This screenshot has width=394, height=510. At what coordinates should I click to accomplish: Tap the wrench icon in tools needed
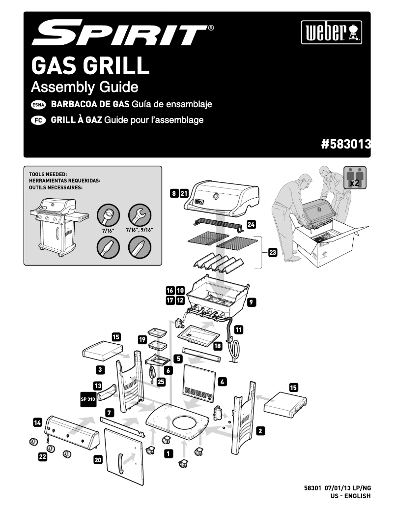tap(139, 215)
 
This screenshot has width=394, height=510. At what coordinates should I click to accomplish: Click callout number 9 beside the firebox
tap(252, 303)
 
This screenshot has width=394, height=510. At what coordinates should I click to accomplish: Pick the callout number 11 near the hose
tap(239, 329)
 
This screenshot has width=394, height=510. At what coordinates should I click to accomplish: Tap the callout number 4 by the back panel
tap(223, 381)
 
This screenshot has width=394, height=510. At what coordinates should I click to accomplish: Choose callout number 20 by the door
tap(98, 460)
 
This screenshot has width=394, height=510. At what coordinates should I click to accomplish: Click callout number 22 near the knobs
tap(43, 457)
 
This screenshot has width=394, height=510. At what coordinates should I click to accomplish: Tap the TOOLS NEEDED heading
tap(48, 174)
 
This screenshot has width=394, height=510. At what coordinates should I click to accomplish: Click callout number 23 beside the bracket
tap(273, 253)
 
